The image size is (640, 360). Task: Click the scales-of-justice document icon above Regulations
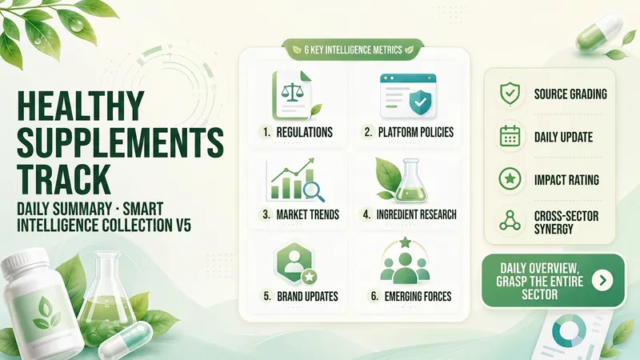pyautogui.click(x=292, y=95)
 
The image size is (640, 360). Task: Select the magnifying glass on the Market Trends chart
pyautogui.click(x=314, y=191)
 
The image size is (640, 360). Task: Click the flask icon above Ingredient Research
pyautogui.click(x=410, y=181)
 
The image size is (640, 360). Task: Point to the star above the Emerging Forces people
pyautogui.click(x=405, y=242)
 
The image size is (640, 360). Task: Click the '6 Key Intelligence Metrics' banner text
pyautogui.click(x=353, y=50)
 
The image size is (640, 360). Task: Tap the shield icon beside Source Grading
pyautogui.click(x=510, y=94)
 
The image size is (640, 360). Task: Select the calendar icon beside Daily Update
pyautogui.click(x=510, y=136)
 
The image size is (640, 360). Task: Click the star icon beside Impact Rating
pyautogui.click(x=510, y=178)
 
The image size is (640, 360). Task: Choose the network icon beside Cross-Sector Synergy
pyautogui.click(x=510, y=221)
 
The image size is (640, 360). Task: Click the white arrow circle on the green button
pyautogui.click(x=602, y=280)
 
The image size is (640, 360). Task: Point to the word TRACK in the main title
pyautogui.click(x=64, y=179)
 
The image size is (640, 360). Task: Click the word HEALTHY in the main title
pyautogui.click(x=81, y=106)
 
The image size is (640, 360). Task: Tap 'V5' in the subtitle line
pyautogui.click(x=182, y=226)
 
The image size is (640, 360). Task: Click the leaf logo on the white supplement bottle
pyautogui.click(x=46, y=313)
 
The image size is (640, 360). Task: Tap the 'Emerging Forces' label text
pyautogui.click(x=418, y=296)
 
